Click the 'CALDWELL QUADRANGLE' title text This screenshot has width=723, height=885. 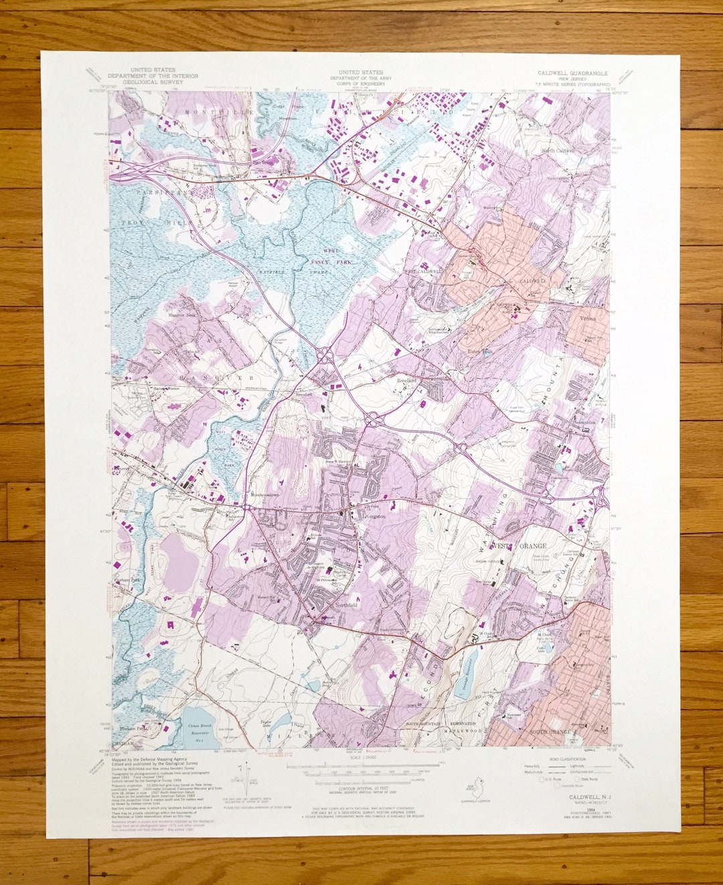pyautogui.click(x=572, y=72)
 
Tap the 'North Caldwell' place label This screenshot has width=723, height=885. pyautogui.click(x=560, y=151)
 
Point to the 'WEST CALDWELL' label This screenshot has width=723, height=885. pyautogui.click(x=423, y=272)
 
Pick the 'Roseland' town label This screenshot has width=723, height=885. pyautogui.click(x=406, y=380)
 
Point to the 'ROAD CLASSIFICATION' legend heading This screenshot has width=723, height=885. pyautogui.click(x=566, y=759)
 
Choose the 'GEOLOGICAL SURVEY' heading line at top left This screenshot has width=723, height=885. pyautogui.click(x=153, y=82)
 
